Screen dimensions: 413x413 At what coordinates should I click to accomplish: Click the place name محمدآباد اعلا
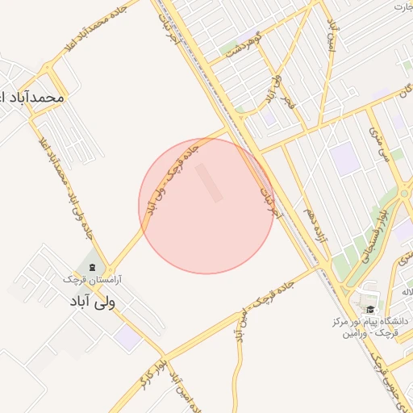pyautogui.click(x=32, y=96)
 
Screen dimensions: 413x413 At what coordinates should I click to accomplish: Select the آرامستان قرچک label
pyautogui.click(x=91, y=278)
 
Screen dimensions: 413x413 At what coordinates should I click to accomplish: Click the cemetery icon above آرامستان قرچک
pyautogui.click(x=91, y=266)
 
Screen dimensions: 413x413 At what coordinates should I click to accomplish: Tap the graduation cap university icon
pyautogui.click(x=370, y=310)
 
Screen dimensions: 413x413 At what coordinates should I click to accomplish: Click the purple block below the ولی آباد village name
pyautogui.click(x=127, y=337)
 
